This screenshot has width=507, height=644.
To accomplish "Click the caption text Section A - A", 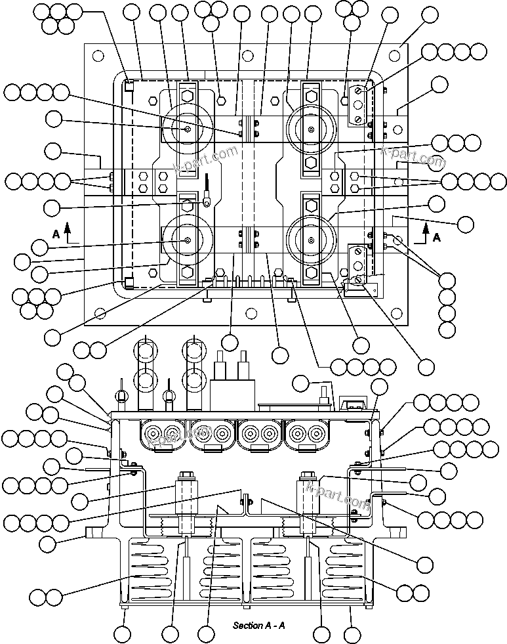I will coord(258,625).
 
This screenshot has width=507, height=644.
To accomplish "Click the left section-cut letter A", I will coord(56,233).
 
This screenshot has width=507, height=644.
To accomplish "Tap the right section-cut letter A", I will coord(437,238).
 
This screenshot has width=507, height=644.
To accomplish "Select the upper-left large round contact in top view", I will coord(188,129).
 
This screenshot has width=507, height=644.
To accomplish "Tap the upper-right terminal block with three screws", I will coord(357,105).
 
